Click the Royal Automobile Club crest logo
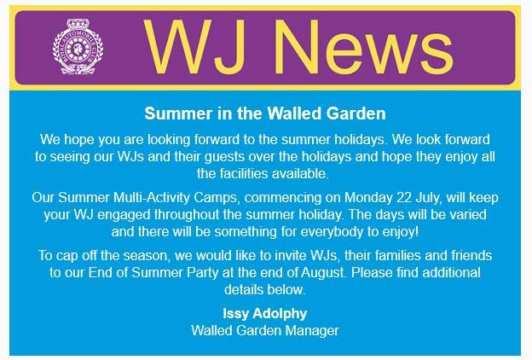[x=78, y=47]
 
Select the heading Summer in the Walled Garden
[x=265, y=113]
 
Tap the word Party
[x=204, y=273]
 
